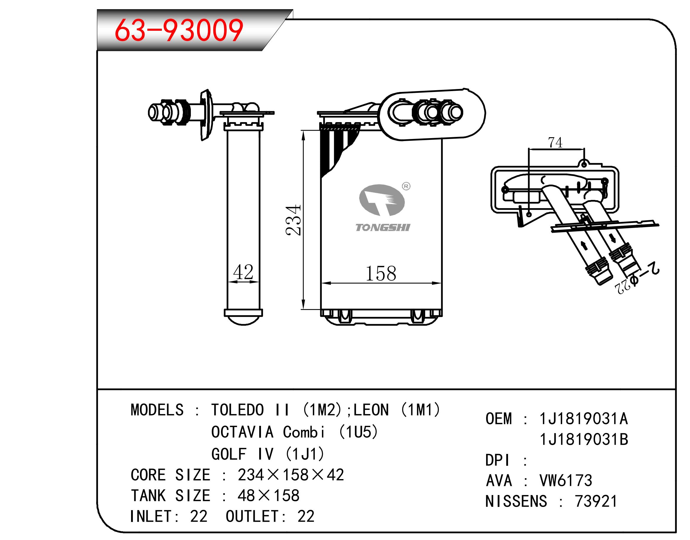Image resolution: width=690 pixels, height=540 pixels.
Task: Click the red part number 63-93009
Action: tap(179, 30)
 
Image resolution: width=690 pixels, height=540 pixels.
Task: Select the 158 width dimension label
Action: tap(381, 274)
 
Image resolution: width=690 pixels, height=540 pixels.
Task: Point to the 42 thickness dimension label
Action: tap(243, 272)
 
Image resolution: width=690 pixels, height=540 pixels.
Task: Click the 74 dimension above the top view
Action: tap(555, 143)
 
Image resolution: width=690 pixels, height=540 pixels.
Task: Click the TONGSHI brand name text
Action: tap(383, 228)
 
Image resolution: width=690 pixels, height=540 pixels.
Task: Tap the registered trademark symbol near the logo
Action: tap(406, 186)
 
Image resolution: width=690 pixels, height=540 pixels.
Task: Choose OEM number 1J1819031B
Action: tap(583, 439)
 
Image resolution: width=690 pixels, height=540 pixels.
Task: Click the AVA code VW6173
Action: tap(566, 481)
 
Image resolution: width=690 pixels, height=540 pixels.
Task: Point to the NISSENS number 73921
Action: tap(596, 502)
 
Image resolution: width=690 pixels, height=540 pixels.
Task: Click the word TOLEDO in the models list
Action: tap(237, 410)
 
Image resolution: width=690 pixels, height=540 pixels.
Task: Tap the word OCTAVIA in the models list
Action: tap(242, 432)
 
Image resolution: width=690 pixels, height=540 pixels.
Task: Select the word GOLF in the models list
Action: tap(229, 454)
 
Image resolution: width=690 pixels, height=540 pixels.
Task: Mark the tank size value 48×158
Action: tap(268, 495)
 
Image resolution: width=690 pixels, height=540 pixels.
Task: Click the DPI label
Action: tap(497, 460)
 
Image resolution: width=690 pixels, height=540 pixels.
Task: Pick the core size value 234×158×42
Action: tap(291, 475)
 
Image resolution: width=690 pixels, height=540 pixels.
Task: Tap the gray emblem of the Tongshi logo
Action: tap(382, 200)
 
